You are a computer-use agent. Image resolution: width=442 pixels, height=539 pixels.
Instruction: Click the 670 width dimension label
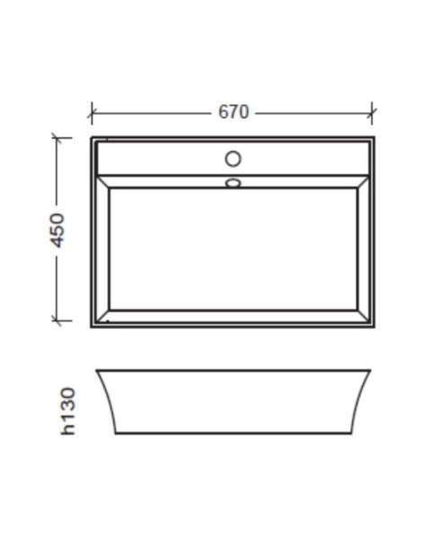click(234, 112)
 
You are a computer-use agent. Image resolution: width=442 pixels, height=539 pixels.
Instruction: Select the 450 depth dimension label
click(57, 230)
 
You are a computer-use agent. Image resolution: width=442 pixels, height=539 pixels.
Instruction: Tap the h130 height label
click(67, 411)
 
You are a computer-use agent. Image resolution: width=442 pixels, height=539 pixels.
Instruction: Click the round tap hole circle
click(233, 159)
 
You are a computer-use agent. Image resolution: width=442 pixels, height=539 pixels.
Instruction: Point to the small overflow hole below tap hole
click(233, 183)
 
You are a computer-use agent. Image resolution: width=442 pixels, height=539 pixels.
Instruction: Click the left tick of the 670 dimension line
click(92, 113)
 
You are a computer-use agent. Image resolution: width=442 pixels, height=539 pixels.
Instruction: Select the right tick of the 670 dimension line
click(372, 113)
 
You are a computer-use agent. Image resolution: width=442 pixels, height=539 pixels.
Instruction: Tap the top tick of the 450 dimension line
click(57, 137)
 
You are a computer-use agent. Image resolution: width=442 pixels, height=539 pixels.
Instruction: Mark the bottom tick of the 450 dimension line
click(57, 321)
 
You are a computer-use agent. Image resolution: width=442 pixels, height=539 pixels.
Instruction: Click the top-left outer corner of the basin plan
click(92, 137)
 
